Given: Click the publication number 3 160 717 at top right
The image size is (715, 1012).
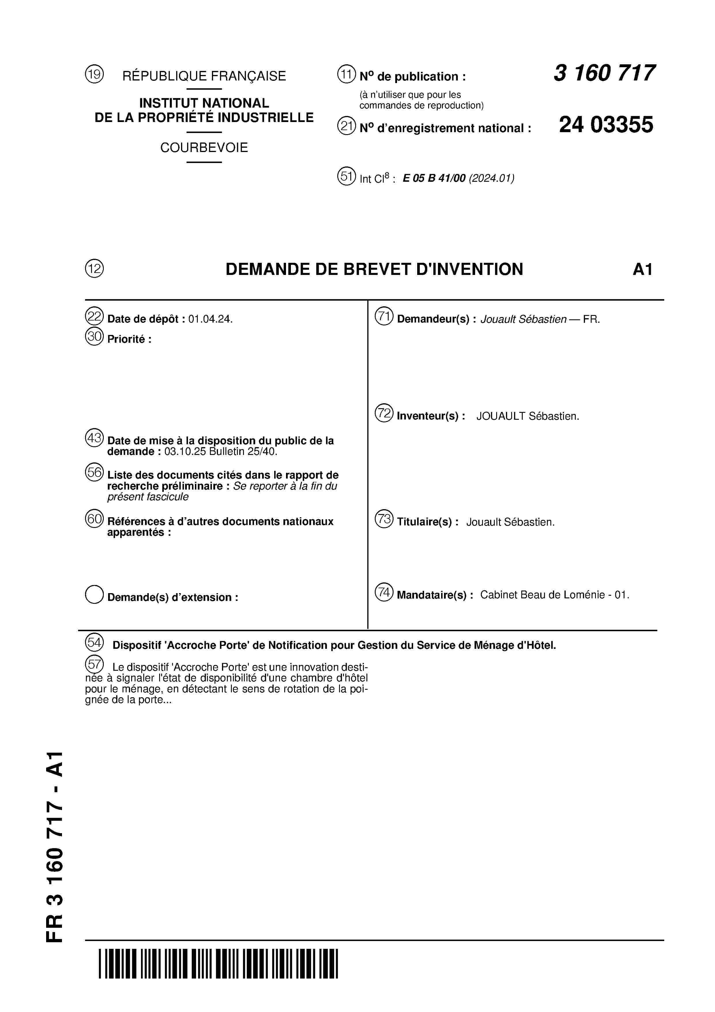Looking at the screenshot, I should click(604, 73).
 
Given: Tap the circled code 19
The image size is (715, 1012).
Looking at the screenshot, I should click(94, 74).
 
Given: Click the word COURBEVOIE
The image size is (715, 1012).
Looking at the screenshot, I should click(204, 148).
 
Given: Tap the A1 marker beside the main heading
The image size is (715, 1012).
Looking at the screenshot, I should click(642, 269).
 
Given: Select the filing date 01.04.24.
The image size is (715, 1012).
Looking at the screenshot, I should click(210, 319).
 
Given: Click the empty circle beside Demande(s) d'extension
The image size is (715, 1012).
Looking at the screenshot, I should click(94, 595).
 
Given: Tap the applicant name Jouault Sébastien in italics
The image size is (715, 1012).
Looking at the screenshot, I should click(523, 319).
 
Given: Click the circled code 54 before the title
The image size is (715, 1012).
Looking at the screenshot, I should click(94, 643).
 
